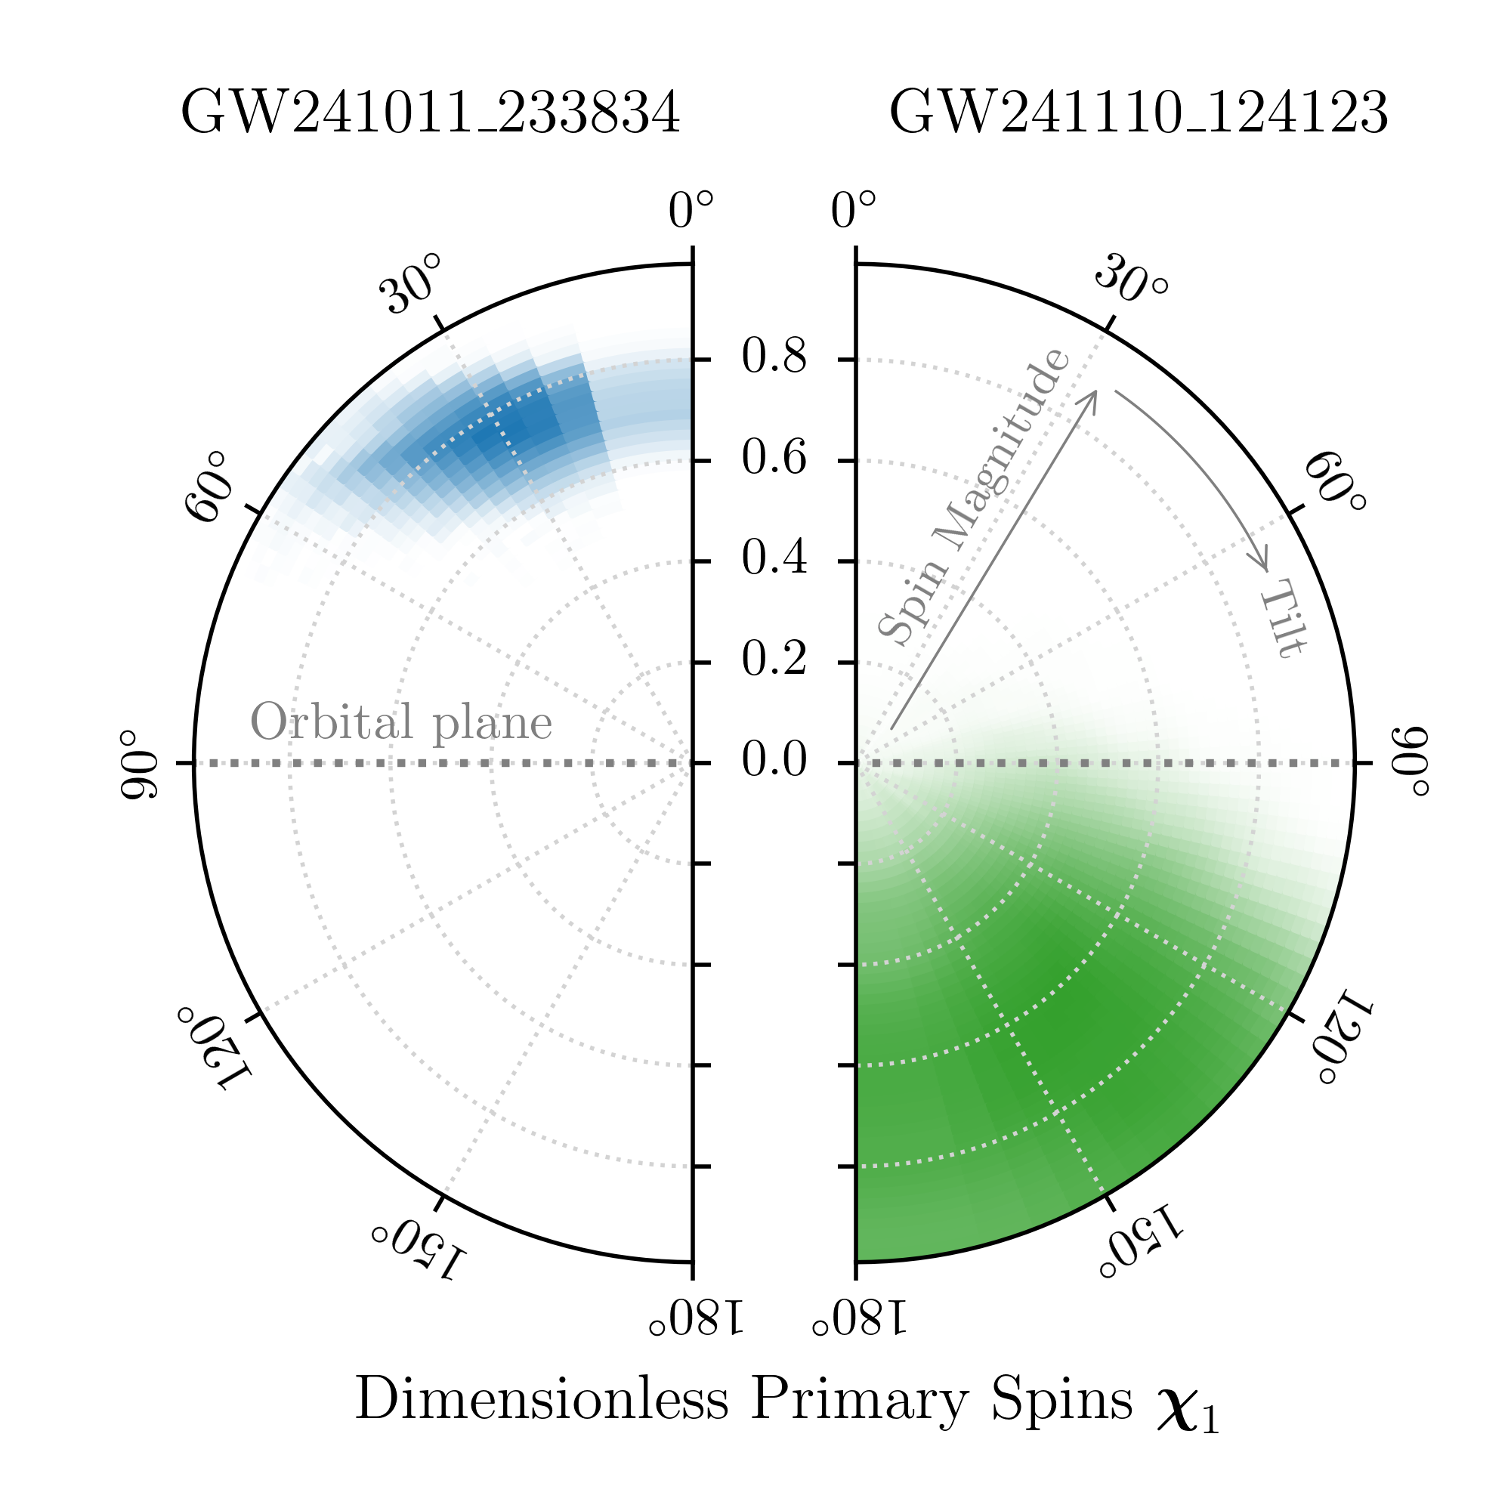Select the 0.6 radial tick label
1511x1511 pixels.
(774, 459)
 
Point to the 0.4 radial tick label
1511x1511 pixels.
(774, 560)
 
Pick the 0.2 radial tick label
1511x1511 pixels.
(774, 661)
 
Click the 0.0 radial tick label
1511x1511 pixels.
(774, 761)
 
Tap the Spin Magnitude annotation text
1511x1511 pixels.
(972, 498)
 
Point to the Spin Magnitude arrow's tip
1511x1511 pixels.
(1095, 392)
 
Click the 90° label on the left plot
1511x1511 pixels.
(138, 765)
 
